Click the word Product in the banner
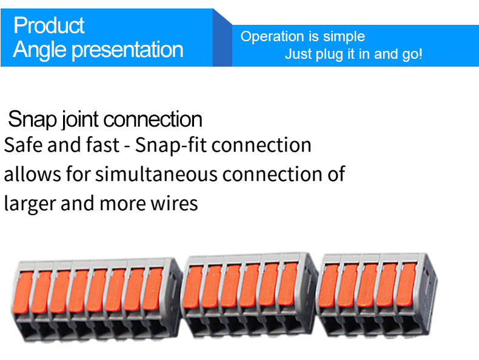[49, 25]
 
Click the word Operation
[269, 36]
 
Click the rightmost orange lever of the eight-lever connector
[153, 288]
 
